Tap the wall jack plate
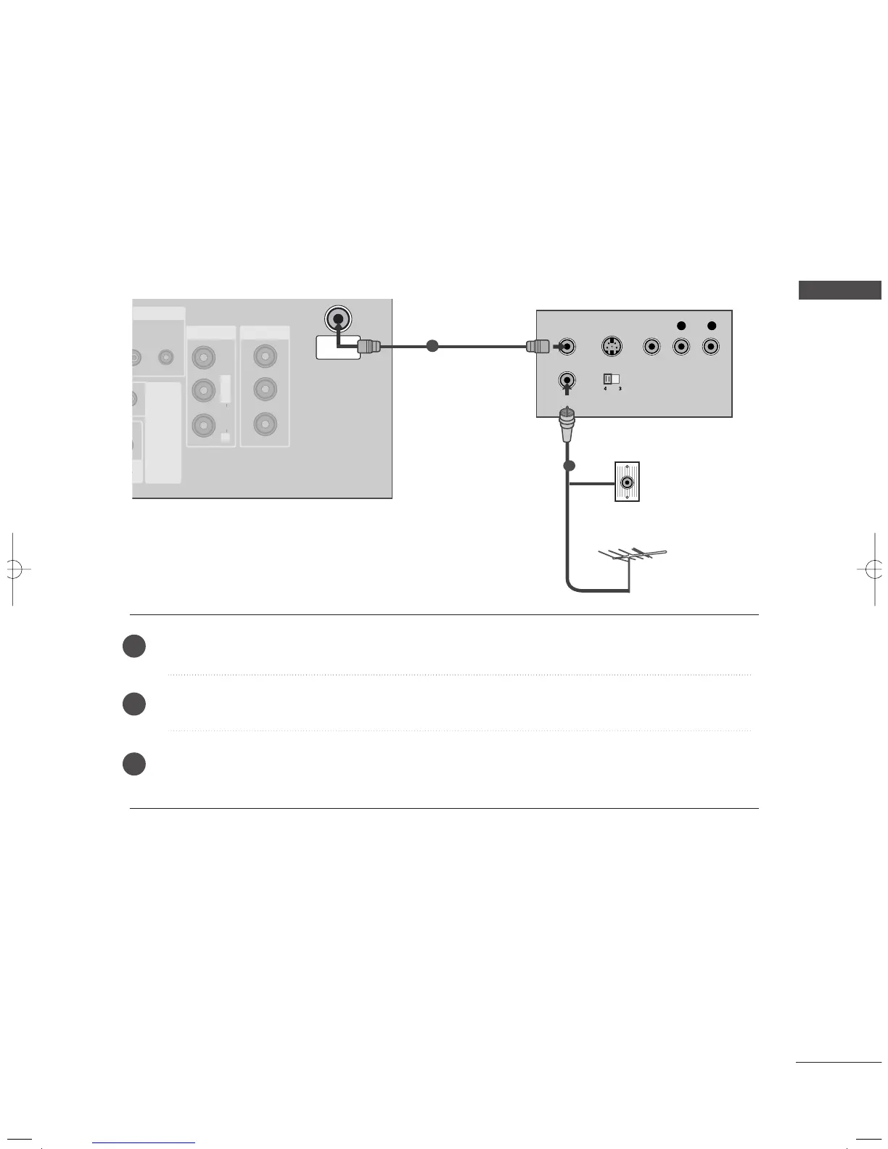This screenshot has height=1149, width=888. click(627, 482)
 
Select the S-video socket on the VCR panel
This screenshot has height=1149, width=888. click(612, 347)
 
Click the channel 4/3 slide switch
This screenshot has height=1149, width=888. click(612, 379)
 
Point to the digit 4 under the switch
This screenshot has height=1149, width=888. click(604, 389)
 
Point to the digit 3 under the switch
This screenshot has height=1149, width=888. click(620, 389)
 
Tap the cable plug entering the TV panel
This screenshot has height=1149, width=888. click(369, 347)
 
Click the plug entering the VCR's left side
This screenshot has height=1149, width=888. click(537, 347)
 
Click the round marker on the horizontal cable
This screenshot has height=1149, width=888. click(432, 347)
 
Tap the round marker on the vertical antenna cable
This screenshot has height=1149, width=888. click(570, 465)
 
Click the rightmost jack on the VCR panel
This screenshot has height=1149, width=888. click(711, 347)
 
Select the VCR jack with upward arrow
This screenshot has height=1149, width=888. click(567, 379)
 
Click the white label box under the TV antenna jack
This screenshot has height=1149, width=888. click(338, 347)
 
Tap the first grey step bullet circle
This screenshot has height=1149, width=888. click(134, 646)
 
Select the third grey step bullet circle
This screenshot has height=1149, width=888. click(134, 764)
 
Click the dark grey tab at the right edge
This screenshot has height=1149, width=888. click(839, 290)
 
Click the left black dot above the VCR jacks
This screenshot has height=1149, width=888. click(681, 326)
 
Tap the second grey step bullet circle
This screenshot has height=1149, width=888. click(134, 704)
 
